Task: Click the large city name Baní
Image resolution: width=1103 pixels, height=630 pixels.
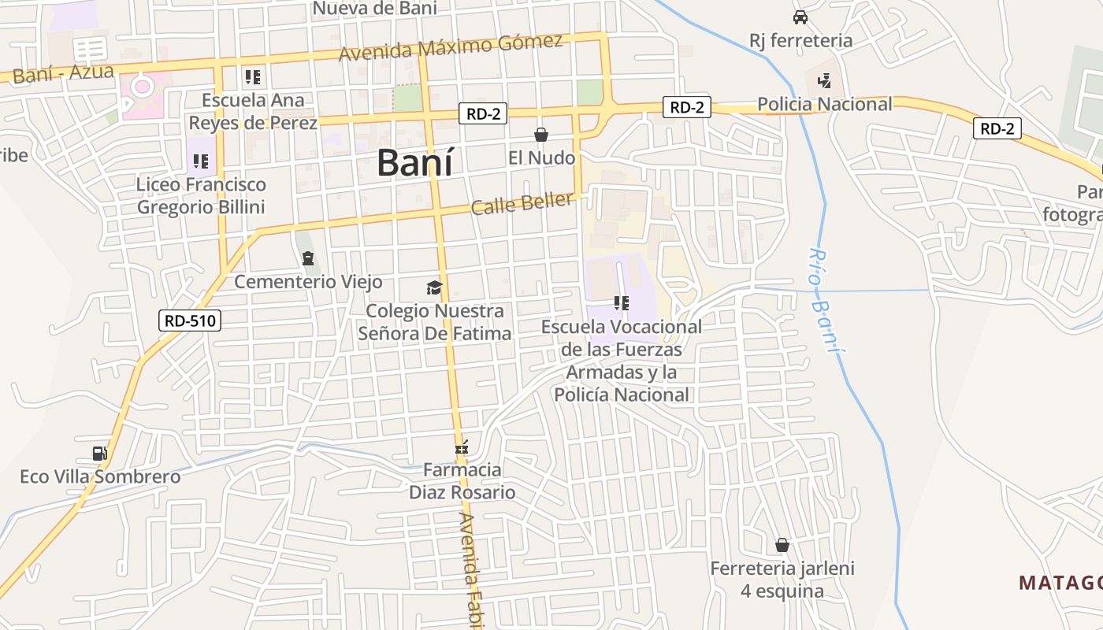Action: point(414,162)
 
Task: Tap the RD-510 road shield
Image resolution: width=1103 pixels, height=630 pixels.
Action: point(190,321)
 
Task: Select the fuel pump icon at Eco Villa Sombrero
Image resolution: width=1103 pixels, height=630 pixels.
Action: point(99,453)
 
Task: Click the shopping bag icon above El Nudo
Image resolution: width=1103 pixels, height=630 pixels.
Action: point(541,135)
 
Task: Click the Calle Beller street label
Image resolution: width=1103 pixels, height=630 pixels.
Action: point(522,203)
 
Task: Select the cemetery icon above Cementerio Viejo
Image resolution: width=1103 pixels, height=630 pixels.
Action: point(308,258)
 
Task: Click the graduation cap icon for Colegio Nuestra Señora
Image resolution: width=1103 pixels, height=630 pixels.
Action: point(434,287)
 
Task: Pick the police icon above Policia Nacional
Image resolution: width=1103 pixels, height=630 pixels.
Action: point(824,80)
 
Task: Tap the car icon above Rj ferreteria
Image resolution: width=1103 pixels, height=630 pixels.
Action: point(800,17)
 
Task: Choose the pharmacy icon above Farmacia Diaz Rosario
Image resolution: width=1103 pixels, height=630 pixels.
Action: point(462,447)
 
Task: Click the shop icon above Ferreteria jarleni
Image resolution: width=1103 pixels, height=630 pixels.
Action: point(782,545)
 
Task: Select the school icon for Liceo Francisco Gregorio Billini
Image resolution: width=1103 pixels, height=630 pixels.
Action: point(201,161)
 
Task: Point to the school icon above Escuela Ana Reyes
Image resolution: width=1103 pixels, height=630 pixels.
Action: point(252,77)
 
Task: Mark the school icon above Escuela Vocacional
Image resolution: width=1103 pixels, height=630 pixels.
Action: point(622,302)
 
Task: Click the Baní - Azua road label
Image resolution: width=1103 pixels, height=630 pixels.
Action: point(64,74)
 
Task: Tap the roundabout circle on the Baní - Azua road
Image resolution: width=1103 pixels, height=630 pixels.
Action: point(143,87)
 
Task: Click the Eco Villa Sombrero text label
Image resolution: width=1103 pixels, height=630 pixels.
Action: point(100,476)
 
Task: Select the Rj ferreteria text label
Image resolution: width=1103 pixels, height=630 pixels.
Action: point(800,40)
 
